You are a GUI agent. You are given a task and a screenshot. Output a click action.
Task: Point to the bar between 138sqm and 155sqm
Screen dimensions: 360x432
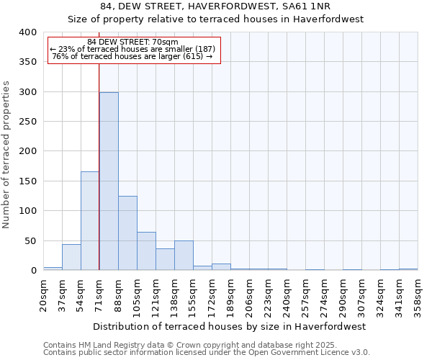(x=184, y=256)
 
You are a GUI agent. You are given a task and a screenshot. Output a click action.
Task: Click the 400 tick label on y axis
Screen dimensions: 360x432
(x=27, y=32)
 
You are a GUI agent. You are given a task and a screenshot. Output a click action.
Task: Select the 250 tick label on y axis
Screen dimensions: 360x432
(x=27, y=122)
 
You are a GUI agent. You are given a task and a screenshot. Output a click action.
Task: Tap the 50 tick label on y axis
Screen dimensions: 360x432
(x=30, y=241)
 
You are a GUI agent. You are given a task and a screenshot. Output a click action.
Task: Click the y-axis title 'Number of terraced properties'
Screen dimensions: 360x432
(x=6, y=154)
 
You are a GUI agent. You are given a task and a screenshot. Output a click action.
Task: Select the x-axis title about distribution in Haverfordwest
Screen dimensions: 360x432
(x=230, y=326)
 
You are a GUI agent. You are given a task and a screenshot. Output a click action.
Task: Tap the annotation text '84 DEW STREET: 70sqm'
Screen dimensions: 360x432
(x=132, y=42)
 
